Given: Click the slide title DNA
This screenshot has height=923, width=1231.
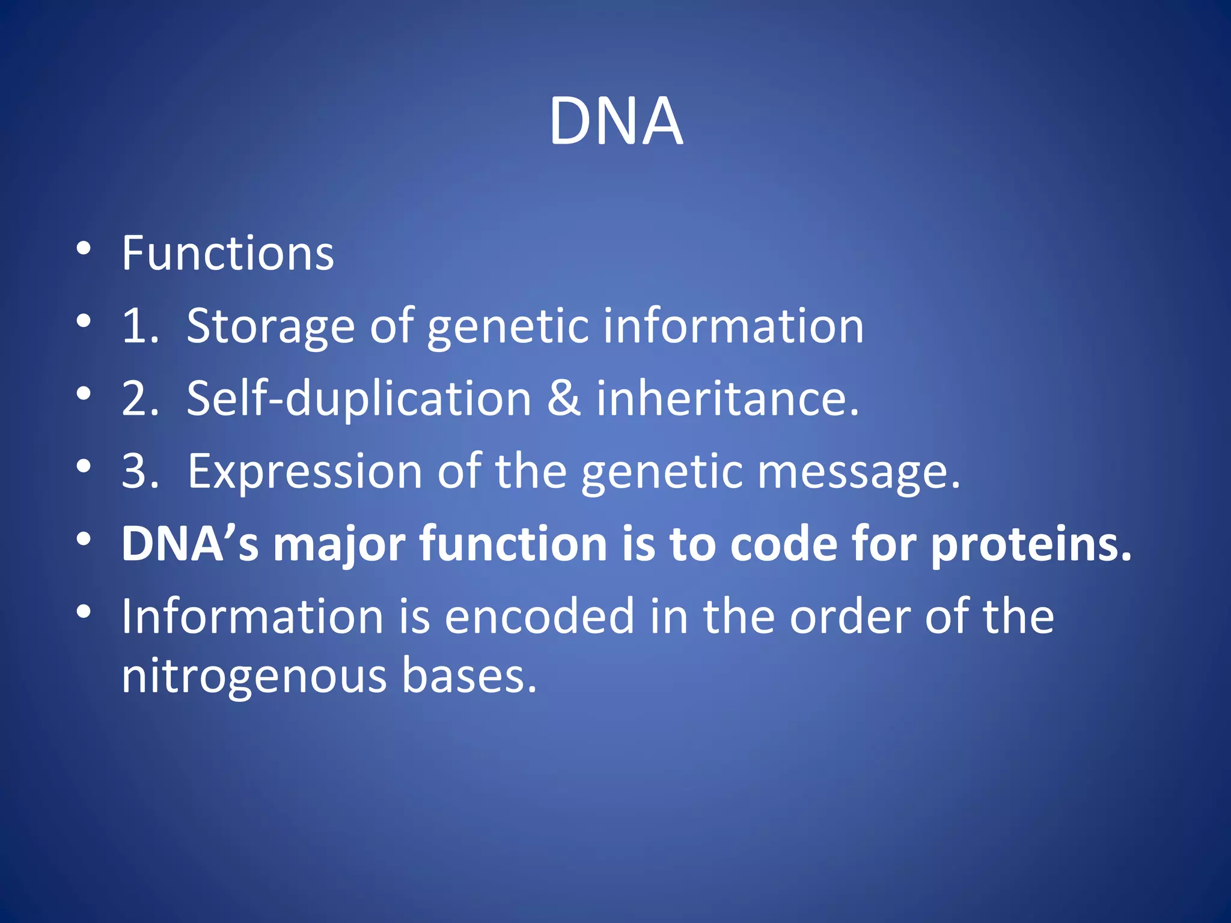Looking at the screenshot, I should click(615, 121).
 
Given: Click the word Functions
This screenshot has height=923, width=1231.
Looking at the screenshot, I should click(227, 254).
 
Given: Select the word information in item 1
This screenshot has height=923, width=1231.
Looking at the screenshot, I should click(733, 326).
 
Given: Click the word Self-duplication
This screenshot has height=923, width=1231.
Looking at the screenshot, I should click(359, 398).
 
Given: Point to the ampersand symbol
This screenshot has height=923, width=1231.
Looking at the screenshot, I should click(564, 398).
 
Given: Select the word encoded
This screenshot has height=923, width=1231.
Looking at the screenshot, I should click(539, 617).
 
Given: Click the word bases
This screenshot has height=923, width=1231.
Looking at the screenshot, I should click(468, 675).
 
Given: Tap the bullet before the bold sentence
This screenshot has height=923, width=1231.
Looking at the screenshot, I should click(84, 539).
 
